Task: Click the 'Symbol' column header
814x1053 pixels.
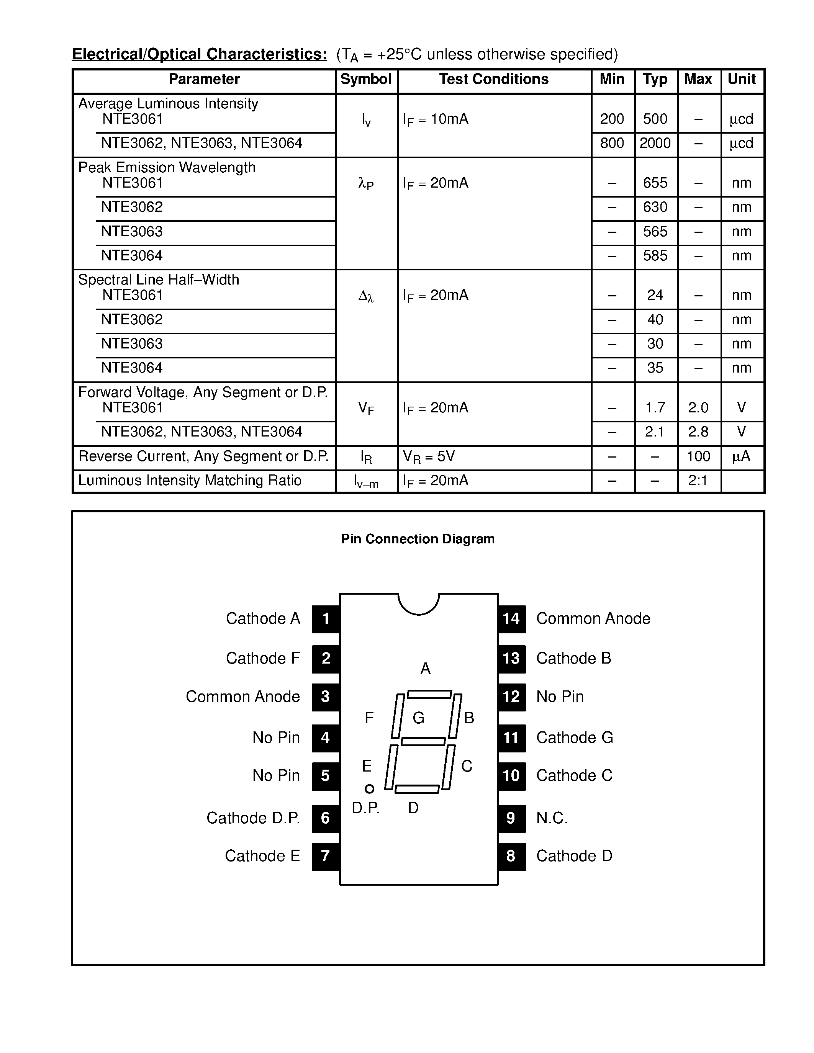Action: click(x=365, y=80)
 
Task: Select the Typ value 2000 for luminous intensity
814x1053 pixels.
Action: click(x=655, y=143)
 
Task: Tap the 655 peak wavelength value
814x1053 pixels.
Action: click(x=655, y=183)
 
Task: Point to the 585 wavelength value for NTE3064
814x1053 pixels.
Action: click(x=655, y=255)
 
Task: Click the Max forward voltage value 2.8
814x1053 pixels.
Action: click(x=698, y=432)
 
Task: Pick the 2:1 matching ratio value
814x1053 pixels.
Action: click(x=698, y=481)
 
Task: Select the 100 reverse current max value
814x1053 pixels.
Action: click(x=698, y=456)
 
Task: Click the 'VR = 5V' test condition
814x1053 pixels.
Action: click(x=429, y=456)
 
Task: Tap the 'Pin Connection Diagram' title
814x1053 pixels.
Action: click(x=418, y=539)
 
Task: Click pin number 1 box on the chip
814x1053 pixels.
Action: click(x=326, y=618)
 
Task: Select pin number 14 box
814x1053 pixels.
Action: click(x=511, y=618)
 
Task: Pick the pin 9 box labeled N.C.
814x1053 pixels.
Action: click(x=511, y=818)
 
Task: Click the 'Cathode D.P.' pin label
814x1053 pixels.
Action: click(x=253, y=818)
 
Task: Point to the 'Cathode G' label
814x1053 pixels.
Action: click(x=574, y=738)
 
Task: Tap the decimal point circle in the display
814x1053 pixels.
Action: click(x=369, y=789)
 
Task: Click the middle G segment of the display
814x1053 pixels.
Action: click(x=423, y=742)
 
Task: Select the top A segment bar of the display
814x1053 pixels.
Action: click(x=429, y=695)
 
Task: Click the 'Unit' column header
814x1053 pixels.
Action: click(x=742, y=80)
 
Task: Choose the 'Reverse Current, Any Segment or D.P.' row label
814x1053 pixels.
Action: click(x=203, y=456)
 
